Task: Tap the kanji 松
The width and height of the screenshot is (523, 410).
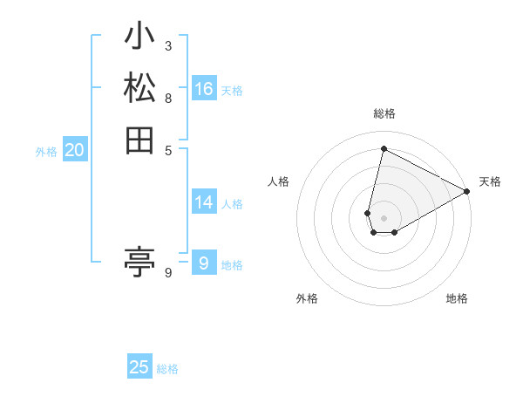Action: point(139,88)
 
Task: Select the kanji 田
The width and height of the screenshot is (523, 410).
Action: point(139,140)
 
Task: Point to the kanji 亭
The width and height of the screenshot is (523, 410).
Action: point(139,261)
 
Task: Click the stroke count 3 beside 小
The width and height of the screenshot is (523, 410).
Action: point(167,45)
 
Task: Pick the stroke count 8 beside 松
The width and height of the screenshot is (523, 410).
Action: point(167,97)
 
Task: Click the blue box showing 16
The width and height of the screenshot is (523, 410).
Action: point(204,89)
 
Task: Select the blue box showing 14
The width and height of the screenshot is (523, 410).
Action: point(204,202)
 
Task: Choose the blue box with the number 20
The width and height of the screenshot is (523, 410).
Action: point(75,150)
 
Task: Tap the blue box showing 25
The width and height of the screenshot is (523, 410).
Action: point(139,367)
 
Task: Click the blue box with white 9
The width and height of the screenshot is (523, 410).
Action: point(204,263)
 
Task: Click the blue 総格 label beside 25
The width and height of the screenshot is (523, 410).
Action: point(167,369)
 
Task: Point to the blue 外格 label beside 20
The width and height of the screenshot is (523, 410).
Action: point(46,152)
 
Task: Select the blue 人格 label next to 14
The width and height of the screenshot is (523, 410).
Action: point(232,204)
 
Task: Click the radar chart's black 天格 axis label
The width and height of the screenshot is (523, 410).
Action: point(490,181)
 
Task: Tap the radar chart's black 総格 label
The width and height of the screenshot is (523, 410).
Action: point(384,113)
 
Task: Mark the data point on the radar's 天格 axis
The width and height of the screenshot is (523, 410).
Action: point(467,191)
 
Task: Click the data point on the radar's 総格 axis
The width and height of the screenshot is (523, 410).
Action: point(384,149)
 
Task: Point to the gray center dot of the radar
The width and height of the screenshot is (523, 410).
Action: point(384,218)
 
